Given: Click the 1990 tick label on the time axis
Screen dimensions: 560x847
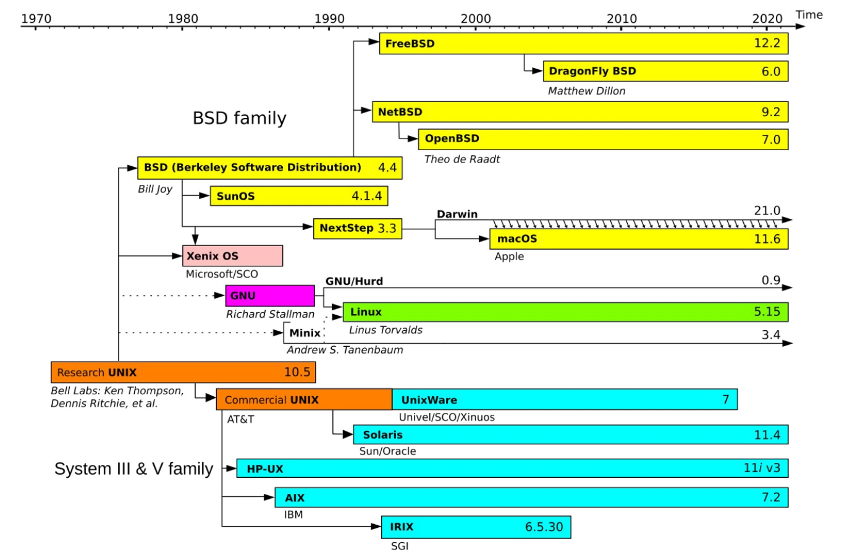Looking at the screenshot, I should point(329,19).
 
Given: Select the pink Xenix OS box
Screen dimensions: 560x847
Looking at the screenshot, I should point(232,256).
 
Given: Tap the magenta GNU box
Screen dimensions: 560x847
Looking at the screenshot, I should point(270,295).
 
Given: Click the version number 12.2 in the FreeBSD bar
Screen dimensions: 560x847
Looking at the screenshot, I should point(767,43).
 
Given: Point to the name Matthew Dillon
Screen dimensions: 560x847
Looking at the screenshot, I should point(586,91).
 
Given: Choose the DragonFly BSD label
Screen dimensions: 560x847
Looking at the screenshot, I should point(592,71).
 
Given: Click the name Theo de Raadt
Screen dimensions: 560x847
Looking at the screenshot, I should point(461,159).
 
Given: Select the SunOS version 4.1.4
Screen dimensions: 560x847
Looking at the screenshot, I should point(366,196).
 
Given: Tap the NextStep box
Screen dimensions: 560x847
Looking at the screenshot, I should point(357,228).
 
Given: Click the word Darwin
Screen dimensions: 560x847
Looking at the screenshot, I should point(457,214).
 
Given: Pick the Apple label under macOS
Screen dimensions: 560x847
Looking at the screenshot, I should point(509,257).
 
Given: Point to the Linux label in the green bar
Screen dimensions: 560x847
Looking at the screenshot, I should point(366,312).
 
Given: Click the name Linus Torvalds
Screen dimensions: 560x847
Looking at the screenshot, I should point(386,330).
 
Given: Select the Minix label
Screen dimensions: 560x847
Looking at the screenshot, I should point(305,333).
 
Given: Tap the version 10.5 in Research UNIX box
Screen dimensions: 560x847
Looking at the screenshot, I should point(297,372).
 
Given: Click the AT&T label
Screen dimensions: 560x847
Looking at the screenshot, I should point(240,419).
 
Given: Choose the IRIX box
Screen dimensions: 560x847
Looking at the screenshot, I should point(476,527).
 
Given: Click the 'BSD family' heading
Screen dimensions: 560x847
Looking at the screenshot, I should point(239,118).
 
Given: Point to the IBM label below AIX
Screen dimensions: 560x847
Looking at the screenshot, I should point(293,514).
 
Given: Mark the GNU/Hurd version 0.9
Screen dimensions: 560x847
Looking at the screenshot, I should point(770,281).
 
